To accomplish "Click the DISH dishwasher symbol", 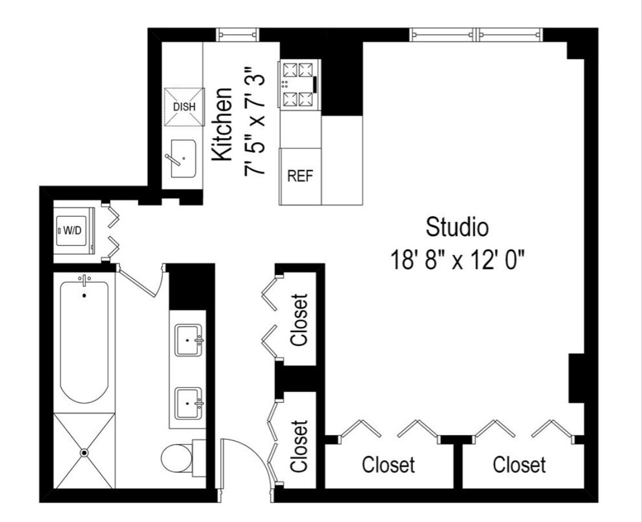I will (x=184, y=107).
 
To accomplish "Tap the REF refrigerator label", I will (x=300, y=176).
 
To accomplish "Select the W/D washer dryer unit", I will (x=73, y=231).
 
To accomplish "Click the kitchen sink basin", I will (x=184, y=158).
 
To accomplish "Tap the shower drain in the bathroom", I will (x=84, y=452).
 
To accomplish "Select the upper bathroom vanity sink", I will (x=188, y=341).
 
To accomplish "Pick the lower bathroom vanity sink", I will (x=188, y=404).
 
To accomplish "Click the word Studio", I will (x=457, y=227).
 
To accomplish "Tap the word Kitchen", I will (x=221, y=124).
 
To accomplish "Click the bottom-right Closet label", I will (x=519, y=464).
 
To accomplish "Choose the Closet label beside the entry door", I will (x=299, y=446).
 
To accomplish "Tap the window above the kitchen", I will (x=238, y=35).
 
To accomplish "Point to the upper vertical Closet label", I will (x=299, y=319).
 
